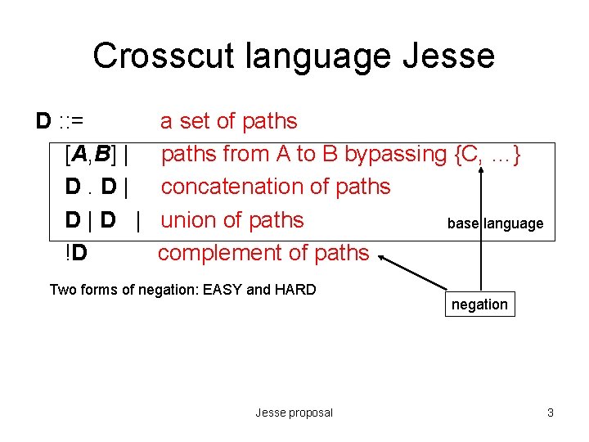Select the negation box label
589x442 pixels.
click(479, 304)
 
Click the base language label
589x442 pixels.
click(495, 223)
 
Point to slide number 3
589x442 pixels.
click(551, 413)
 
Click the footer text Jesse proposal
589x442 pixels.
click(294, 413)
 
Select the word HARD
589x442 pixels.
click(294, 289)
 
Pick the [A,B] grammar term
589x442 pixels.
click(92, 154)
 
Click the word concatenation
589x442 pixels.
click(231, 187)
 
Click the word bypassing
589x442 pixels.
click(395, 154)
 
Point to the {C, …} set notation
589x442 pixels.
click(488, 154)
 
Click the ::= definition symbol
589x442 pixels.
click(70, 121)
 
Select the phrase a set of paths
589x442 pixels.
click(229, 121)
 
